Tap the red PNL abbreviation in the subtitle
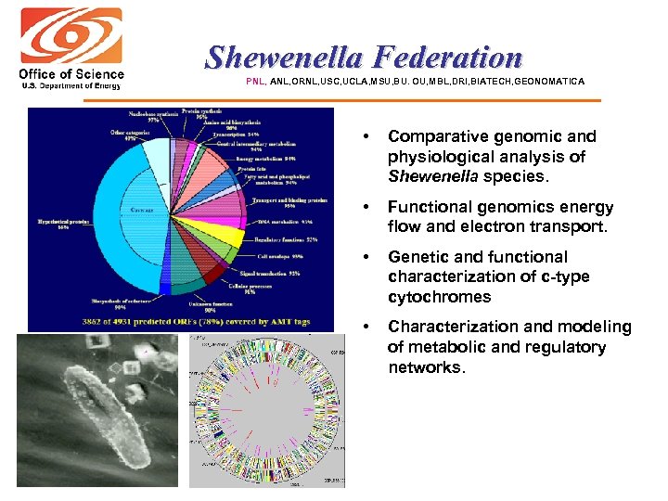(x=255, y=82)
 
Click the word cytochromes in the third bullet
(x=439, y=297)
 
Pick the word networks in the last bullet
(x=424, y=367)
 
